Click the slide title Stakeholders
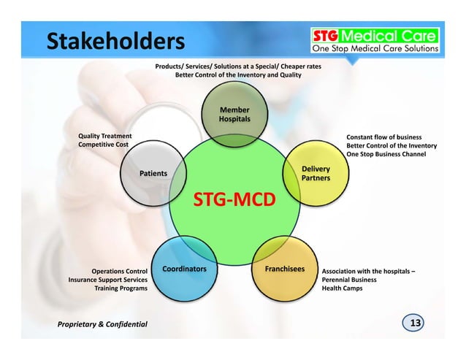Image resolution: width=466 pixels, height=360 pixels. [x=115, y=42]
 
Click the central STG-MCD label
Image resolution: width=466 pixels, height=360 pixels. [x=234, y=199]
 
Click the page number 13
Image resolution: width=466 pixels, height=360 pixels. [x=416, y=323]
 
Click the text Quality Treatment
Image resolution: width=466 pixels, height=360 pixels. [x=105, y=136]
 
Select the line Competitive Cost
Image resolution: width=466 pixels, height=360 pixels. [x=105, y=145]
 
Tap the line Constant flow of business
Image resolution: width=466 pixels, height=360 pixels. [x=383, y=137]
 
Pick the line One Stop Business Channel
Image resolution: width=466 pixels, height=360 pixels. [x=386, y=154]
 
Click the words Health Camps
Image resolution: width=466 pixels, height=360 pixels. [x=342, y=288]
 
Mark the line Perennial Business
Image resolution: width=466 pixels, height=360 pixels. [x=349, y=280]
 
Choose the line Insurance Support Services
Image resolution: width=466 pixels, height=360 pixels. [x=108, y=280]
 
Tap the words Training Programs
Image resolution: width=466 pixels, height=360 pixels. [x=121, y=288]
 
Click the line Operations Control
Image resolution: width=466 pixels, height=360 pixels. [x=119, y=271]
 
